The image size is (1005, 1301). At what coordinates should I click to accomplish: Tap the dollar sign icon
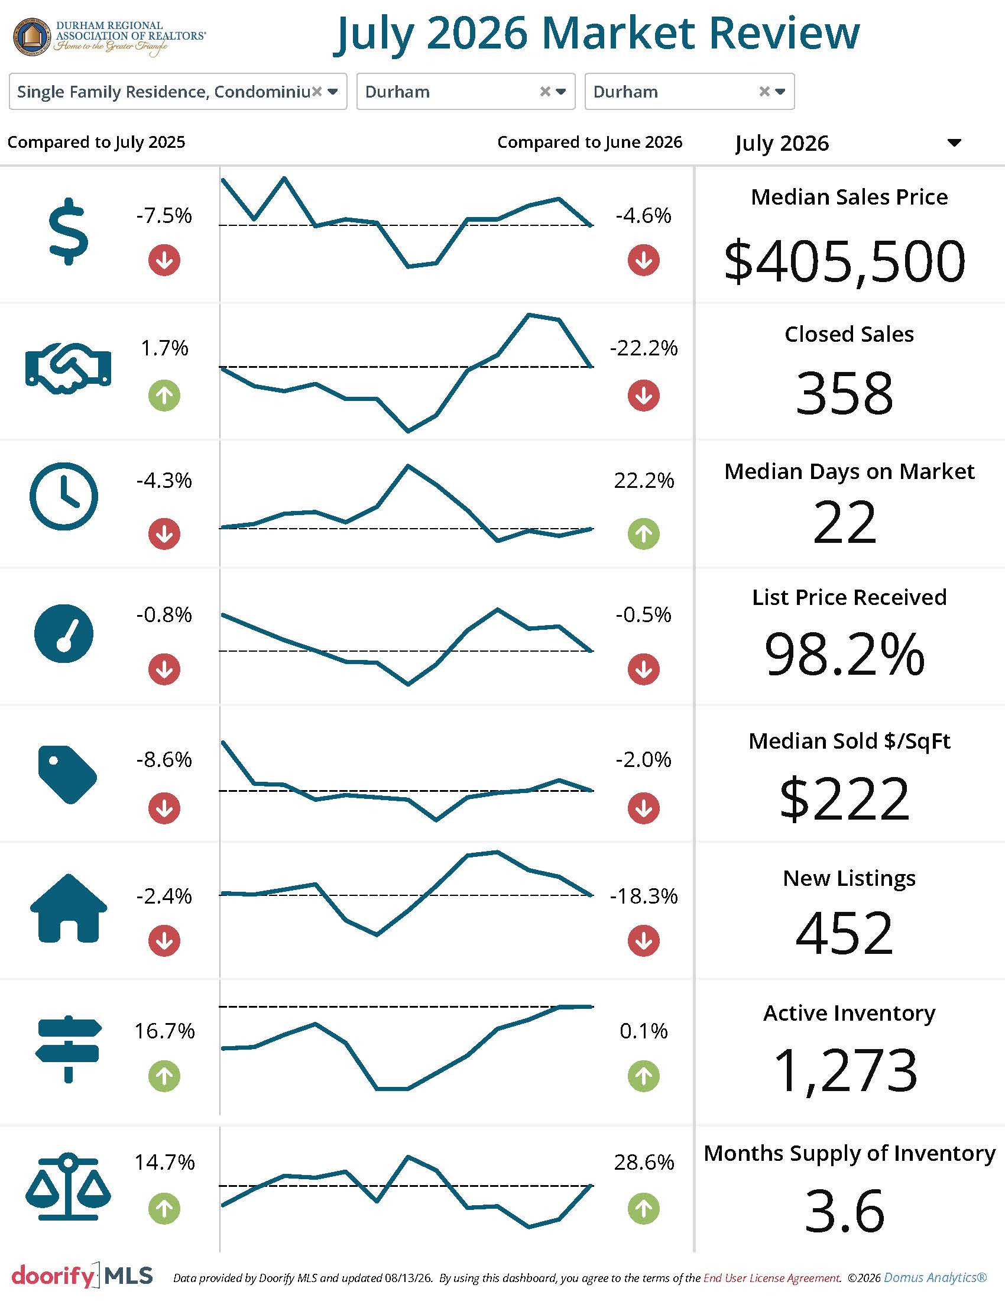[x=69, y=231]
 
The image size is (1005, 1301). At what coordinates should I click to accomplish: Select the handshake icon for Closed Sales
[x=69, y=368]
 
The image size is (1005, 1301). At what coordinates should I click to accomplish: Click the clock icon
[x=64, y=496]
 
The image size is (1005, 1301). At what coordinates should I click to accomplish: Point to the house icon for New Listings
[x=69, y=908]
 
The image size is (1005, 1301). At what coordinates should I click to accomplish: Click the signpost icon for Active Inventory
[x=69, y=1048]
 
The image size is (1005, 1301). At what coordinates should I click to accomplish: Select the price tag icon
[x=67, y=775]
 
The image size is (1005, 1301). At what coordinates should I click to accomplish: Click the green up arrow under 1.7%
[x=164, y=396]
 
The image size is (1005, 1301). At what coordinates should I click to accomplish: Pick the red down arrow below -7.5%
[x=164, y=260]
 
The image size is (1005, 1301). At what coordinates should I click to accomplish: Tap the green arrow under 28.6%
[x=644, y=1209]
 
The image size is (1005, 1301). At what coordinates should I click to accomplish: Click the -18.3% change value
[x=644, y=896]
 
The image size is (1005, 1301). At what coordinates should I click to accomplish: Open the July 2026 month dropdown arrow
[x=954, y=143]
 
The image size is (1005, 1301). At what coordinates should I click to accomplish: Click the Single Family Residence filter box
[x=178, y=92]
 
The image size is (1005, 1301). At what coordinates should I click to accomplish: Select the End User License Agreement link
[x=771, y=1278]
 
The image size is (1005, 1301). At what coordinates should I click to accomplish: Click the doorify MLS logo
[x=82, y=1275]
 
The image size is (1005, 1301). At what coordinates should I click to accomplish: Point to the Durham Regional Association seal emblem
[x=32, y=37]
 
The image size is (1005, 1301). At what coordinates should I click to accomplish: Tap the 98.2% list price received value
[x=844, y=654]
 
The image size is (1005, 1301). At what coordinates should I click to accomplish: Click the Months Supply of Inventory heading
[x=849, y=1154]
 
